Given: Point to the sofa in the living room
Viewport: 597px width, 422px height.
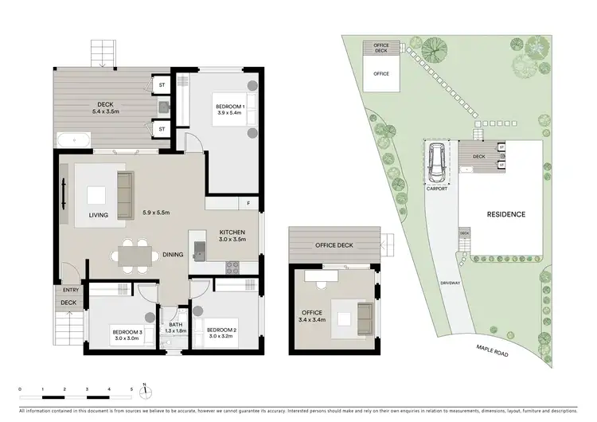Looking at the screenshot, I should pyautogui.click(x=125, y=195).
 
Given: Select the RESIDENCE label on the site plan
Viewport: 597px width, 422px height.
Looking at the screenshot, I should pyautogui.click(x=505, y=214).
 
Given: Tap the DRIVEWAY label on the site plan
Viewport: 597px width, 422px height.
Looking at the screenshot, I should pyautogui.click(x=450, y=283).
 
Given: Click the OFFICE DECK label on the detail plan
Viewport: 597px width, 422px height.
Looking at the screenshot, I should pyautogui.click(x=334, y=244).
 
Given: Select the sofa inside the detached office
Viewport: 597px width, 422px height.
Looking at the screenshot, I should pyautogui.click(x=364, y=316).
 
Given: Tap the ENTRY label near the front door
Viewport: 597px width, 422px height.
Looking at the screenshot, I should pyautogui.click(x=68, y=291).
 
